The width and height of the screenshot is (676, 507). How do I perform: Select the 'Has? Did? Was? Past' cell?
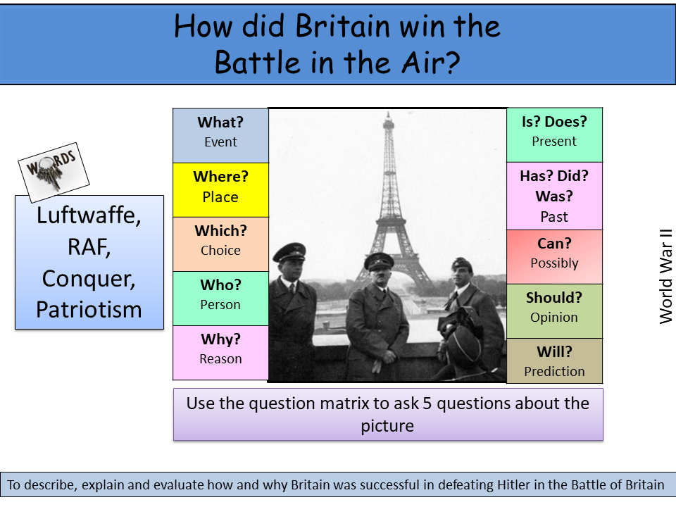click(x=554, y=196)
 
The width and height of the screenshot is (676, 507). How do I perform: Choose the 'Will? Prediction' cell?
click(x=554, y=361)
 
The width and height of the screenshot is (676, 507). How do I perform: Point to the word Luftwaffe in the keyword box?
click(x=89, y=215)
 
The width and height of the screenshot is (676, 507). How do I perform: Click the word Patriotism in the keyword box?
click(x=89, y=309)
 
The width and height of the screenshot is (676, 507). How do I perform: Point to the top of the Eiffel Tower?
click(x=387, y=115)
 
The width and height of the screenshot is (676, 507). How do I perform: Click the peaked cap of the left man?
click(x=289, y=251)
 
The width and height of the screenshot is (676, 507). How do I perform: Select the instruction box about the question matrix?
click(x=388, y=414)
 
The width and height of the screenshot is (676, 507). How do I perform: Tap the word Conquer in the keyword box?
click(x=89, y=278)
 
